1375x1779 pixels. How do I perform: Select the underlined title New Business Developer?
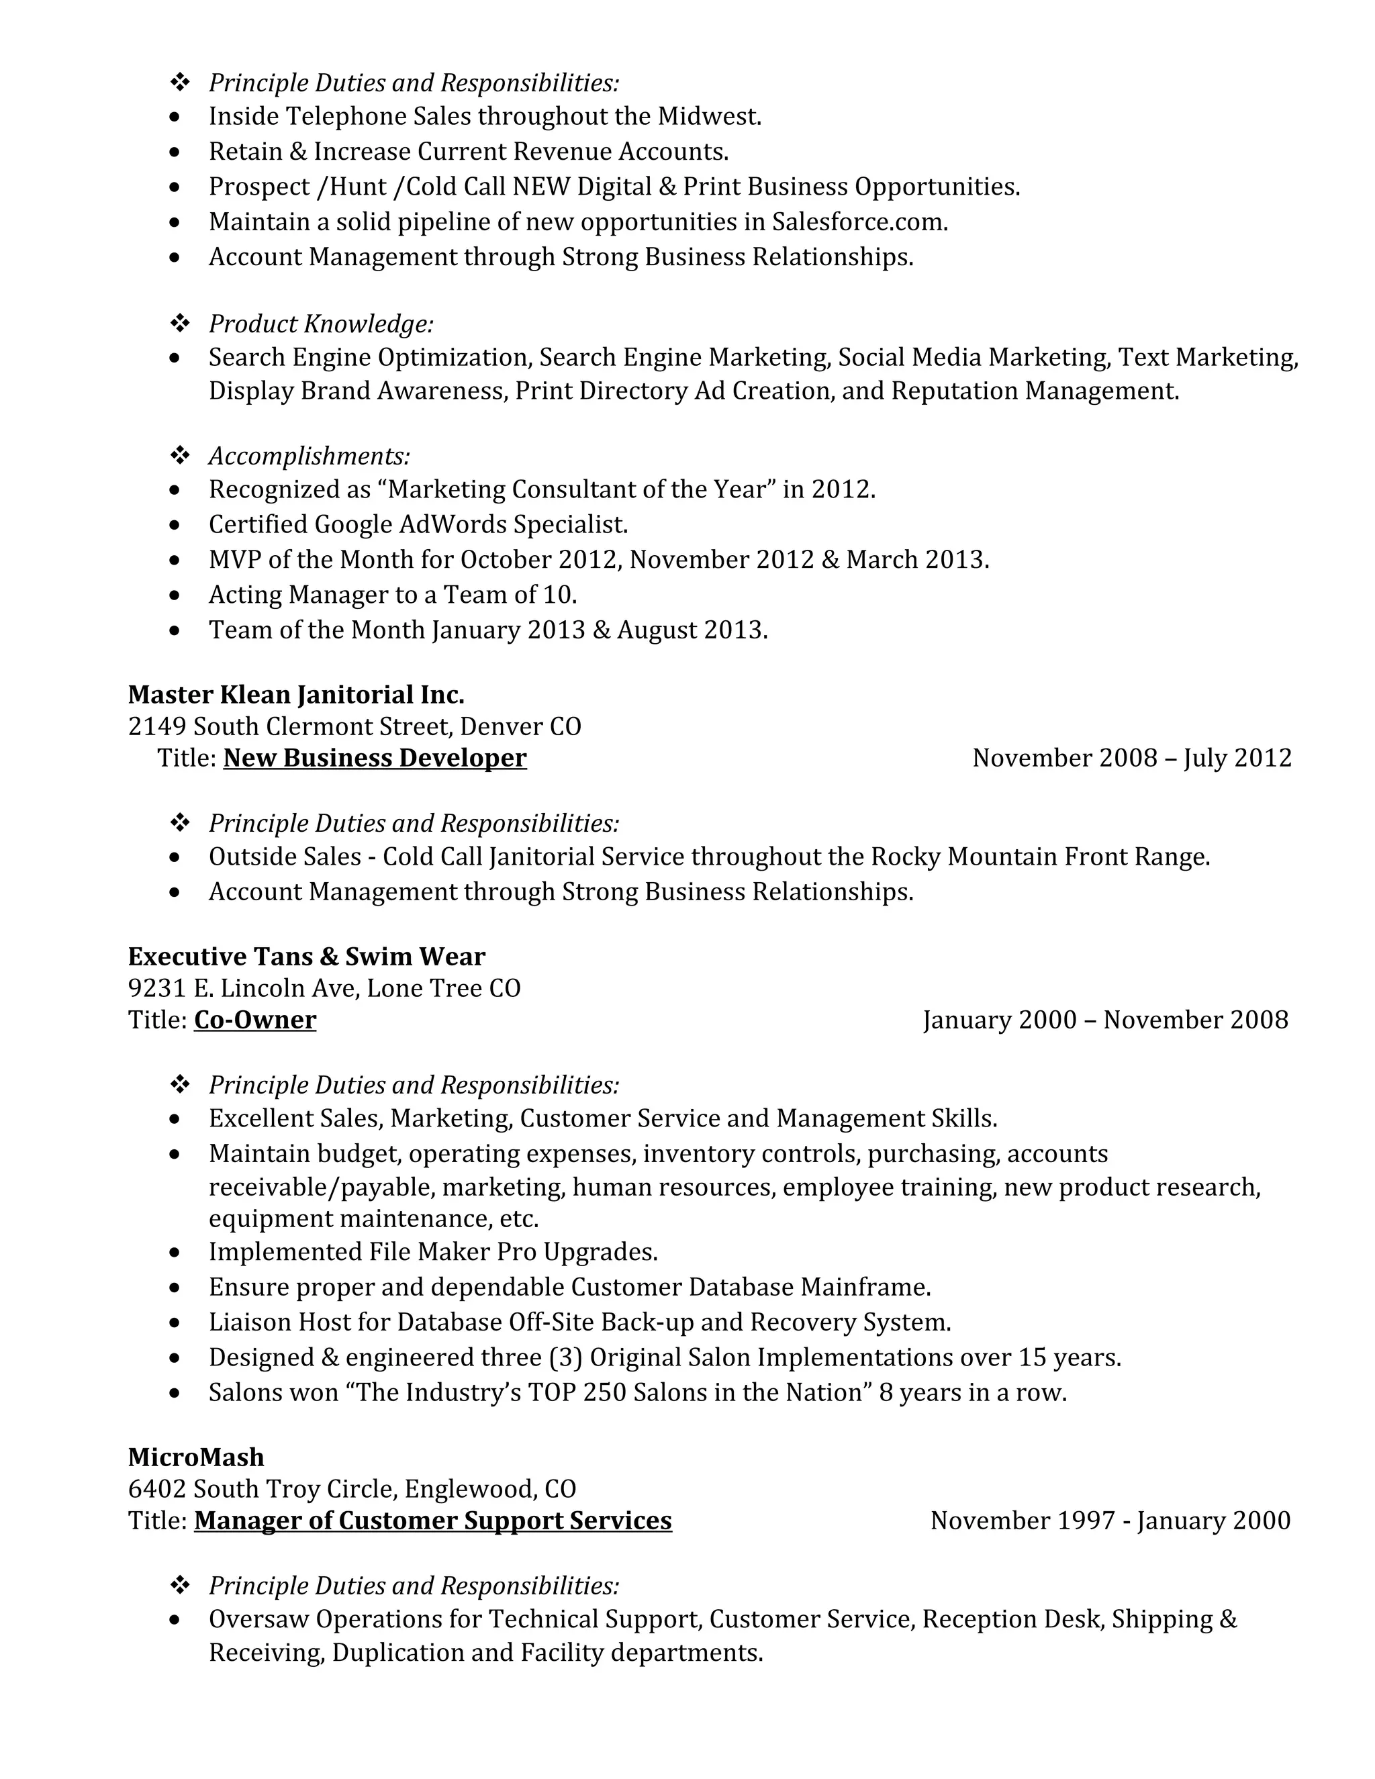pyautogui.click(x=375, y=759)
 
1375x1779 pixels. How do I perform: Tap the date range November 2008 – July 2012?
pyautogui.click(x=1131, y=759)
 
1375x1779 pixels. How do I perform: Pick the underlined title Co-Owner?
pyautogui.click(x=255, y=1020)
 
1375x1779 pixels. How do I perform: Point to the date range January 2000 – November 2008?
pyautogui.click(x=1105, y=1020)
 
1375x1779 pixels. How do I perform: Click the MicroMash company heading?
pyautogui.click(x=195, y=1457)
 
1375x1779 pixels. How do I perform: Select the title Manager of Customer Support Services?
pyautogui.click(x=432, y=1521)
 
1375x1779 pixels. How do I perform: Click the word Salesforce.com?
pyautogui.click(x=859, y=222)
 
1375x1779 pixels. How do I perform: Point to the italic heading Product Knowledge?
pyautogui.click(x=321, y=324)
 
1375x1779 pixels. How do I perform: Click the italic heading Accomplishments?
pyautogui.click(x=309, y=455)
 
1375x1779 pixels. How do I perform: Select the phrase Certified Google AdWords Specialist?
pyautogui.click(x=418, y=524)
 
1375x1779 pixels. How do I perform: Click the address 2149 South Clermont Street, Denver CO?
pyautogui.click(x=354, y=726)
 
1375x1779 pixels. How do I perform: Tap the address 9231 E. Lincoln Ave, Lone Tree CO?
pyautogui.click(x=324, y=988)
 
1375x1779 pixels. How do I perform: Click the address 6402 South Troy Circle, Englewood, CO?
pyautogui.click(x=352, y=1489)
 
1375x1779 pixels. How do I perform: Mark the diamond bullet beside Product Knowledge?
pyautogui.click(x=179, y=324)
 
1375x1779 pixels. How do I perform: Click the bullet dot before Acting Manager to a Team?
pyautogui.click(x=175, y=595)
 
